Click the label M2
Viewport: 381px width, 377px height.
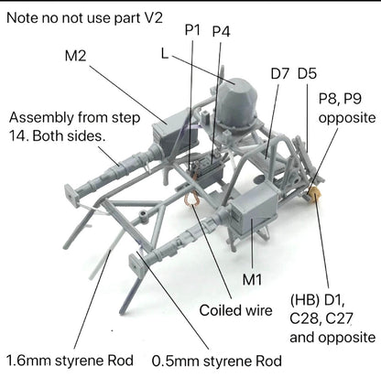pos(75,56)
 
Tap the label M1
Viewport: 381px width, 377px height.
pos(252,279)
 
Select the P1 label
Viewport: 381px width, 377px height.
pos(192,30)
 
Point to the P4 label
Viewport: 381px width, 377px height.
pos(222,31)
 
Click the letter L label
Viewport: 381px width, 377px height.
pos(165,54)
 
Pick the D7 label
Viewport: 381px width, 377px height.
pos(279,73)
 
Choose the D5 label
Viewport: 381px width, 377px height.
pos(307,73)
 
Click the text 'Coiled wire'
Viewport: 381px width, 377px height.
pos(235,310)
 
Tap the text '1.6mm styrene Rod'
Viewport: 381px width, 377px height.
pos(70,361)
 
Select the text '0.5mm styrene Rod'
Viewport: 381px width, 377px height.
pos(217,361)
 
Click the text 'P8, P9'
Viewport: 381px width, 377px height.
pos(340,99)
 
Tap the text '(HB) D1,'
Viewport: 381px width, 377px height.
pos(317,301)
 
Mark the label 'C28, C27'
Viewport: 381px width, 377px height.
pos(321,319)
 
